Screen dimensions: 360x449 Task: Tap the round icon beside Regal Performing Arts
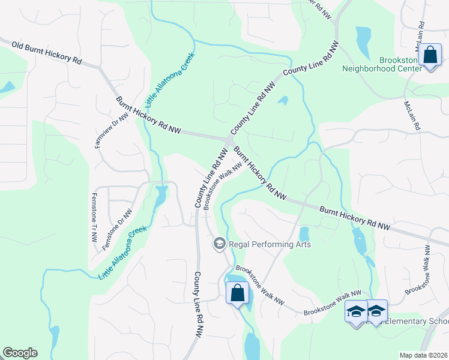[219, 243]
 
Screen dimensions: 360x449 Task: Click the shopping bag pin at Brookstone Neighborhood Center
[430, 56]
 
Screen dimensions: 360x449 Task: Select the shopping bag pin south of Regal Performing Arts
[237, 293]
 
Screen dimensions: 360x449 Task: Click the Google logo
[20, 353]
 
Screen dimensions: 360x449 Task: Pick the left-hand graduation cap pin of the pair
[355, 312]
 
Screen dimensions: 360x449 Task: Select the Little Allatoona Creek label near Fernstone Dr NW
[122, 252]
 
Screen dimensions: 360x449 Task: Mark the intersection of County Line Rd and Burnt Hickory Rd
[230, 140]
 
